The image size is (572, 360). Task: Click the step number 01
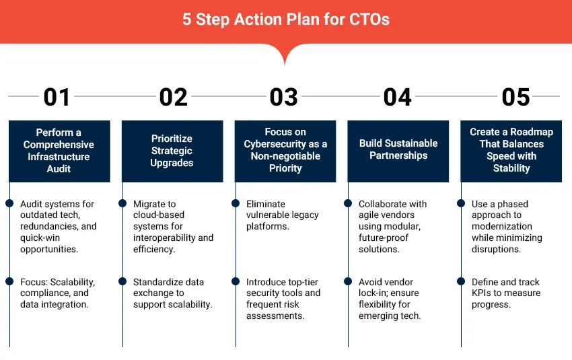57,97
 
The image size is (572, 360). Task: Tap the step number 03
283,97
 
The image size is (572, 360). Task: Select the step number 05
515,97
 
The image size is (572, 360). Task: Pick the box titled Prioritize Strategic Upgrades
172,151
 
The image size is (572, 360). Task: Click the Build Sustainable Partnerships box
398,150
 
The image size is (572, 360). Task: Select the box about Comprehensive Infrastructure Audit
59,151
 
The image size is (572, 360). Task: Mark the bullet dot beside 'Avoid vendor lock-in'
349,281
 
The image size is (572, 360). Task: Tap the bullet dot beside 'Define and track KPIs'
462,281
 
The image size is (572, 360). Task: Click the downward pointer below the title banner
285,57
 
